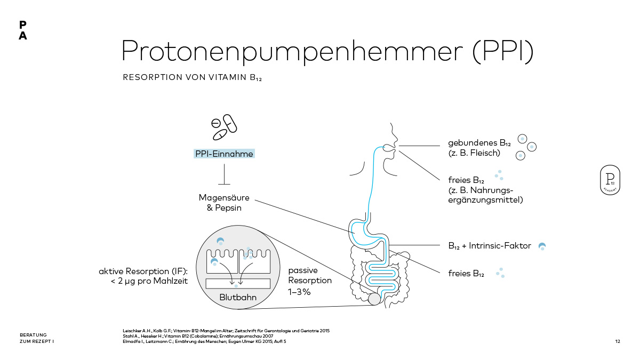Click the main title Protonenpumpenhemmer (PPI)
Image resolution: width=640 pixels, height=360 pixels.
pyautogui.click(x=327, y=52)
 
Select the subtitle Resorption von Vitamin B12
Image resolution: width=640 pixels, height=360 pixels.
pyautogui.click(x=193, y=77)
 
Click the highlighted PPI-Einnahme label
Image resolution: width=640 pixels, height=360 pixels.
pyautogui.click(x=224, y=154)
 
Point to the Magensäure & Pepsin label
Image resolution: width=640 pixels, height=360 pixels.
pyautogui.click(x=224, y=203)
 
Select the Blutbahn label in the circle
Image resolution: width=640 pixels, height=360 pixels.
pyautogui.click(x=238, y=298)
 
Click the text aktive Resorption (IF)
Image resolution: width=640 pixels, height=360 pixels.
pyautogui.click(x=143, y=271)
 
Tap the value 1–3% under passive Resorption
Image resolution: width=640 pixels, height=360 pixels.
pyautogui.click(x=299, y=292)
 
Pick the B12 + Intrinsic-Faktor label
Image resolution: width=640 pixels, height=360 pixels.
pyautogui.click(x=489, y=246)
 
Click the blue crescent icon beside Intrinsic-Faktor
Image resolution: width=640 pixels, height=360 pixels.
pyautogui.click(x=542, y=246)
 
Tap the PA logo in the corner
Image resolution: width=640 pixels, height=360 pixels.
pyautogui.click(x=22, y=30)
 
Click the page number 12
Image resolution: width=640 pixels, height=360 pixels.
pyautogui.click(x=617, y=341)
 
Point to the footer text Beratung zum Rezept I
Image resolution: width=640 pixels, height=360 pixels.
pyautogui.click(x=37, y=338)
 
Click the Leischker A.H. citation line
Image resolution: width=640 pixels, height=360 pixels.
pyautogui.click(x=226, y=331)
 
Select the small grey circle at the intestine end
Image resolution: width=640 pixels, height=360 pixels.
pyautogui.click(x=374, y=299)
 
